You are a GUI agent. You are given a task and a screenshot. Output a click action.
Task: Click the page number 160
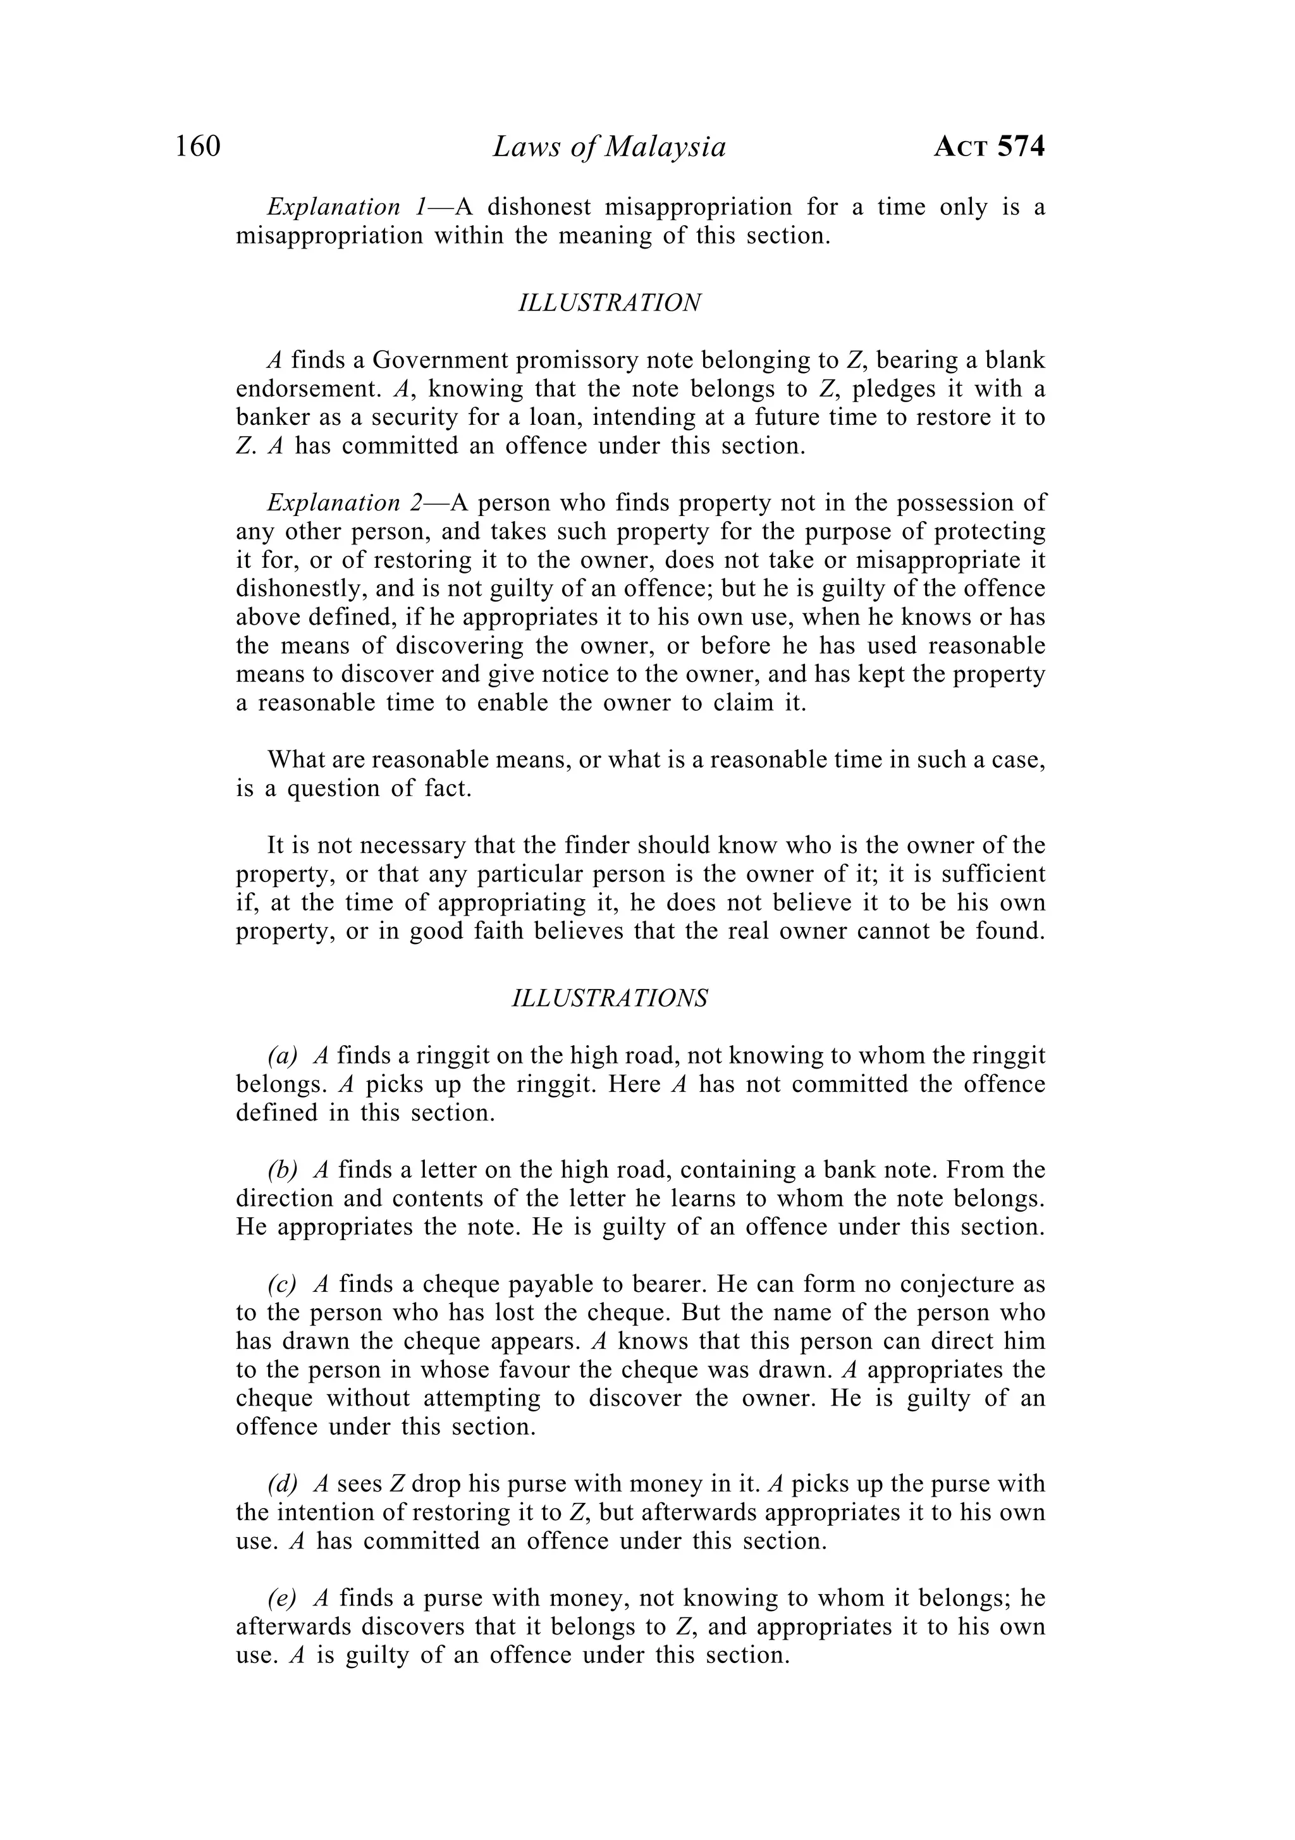197,147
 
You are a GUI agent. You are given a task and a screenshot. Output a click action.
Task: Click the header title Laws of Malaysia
609,147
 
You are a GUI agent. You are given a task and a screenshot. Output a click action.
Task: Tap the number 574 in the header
1021,147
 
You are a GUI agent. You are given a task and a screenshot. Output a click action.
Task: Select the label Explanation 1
348,207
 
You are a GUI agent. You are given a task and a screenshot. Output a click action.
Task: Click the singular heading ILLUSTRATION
610,303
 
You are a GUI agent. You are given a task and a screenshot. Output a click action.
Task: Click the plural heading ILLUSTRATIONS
610,998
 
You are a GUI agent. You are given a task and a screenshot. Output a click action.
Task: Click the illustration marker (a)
283,1056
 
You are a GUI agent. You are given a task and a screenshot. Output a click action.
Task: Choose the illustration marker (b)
283,1170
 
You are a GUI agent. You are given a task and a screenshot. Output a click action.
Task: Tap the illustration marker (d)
283,1484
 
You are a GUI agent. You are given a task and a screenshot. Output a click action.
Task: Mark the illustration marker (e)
282,1599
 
